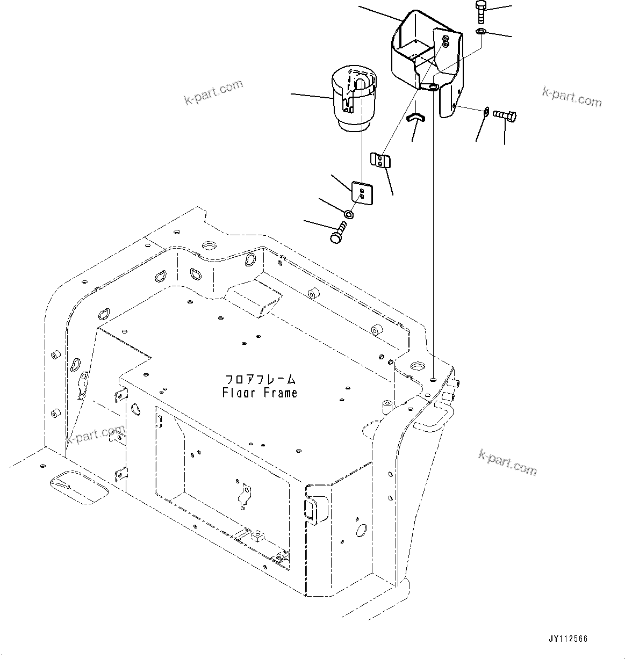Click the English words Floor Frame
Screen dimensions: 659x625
pos(260,393)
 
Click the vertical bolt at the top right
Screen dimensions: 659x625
pos(480,12)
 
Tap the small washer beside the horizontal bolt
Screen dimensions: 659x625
pos(486,111)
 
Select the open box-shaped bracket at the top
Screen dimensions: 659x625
pos(425,54)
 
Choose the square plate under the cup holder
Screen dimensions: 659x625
pos(361,193)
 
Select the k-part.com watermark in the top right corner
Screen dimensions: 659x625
pos(572,97)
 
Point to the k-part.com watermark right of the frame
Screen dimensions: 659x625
pos(507,462)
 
